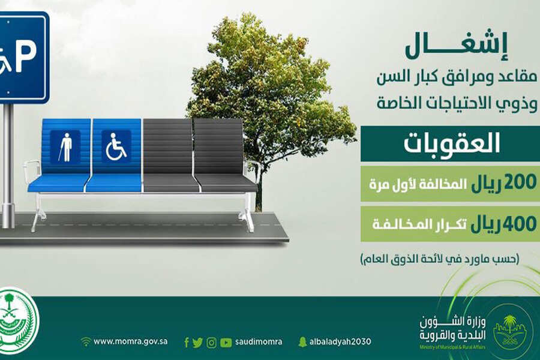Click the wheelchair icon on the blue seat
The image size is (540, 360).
point(116,146)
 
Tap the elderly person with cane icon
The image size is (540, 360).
point(65,147)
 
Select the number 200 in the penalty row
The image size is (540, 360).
point(520,182)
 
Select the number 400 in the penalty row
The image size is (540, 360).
point(520,223)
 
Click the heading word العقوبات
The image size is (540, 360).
point(451,143)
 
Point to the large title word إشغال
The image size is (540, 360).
point(457,47)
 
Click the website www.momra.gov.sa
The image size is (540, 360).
point(131,341)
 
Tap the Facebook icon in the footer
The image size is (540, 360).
point(187,343)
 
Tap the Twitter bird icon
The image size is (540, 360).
point(197,343)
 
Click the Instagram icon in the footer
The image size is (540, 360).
point(211,343)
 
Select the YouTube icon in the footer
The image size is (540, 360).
point(226,343)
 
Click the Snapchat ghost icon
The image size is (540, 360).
point(302,342)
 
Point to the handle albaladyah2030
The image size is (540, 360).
point(340,342)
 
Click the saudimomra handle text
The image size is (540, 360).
point(259,342)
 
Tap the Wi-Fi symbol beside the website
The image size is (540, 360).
point(86,341)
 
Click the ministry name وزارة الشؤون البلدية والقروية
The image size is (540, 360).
point(452,328)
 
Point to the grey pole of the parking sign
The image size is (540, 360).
point(8,166)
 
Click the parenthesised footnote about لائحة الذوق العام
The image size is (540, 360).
point(439,259)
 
